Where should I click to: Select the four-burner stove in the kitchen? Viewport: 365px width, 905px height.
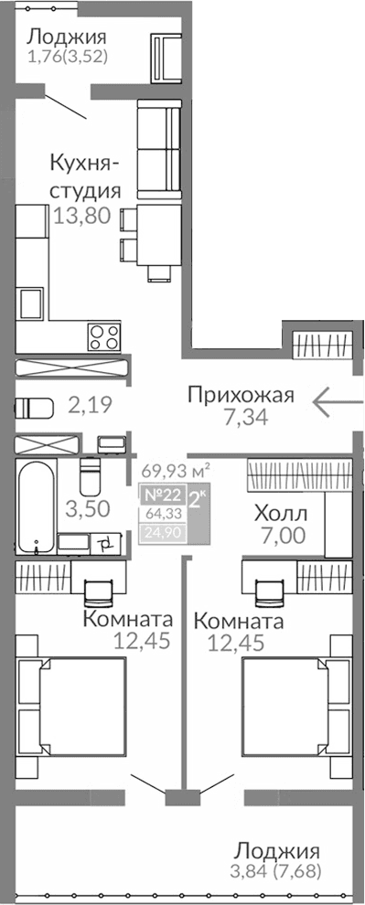pos(102,335)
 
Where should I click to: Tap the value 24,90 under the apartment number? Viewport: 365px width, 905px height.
pos(160,531)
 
